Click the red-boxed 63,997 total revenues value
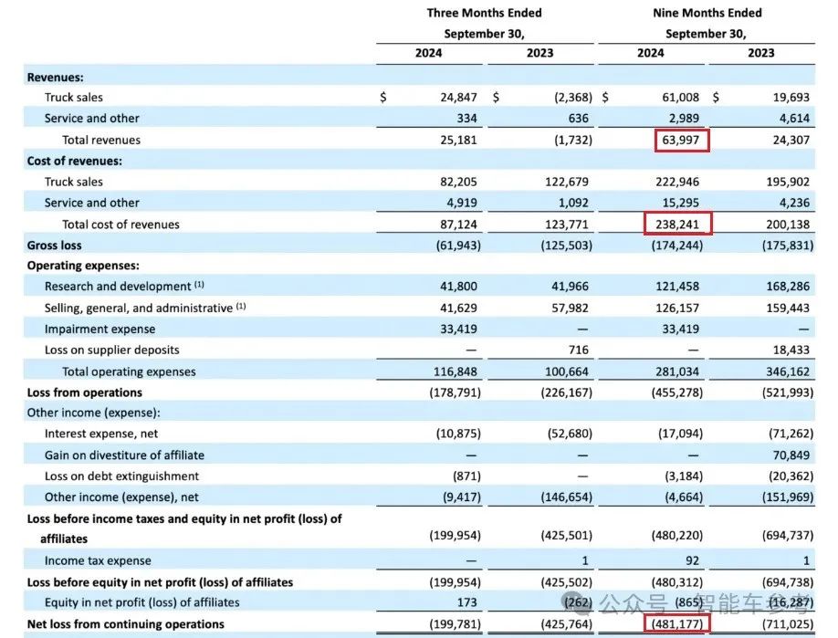682,140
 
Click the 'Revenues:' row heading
56,78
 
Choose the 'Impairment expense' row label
100,329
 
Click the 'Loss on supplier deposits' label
111,350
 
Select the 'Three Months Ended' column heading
484,13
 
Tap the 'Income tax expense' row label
98,560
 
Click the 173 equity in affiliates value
470,602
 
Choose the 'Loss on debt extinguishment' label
121,476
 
